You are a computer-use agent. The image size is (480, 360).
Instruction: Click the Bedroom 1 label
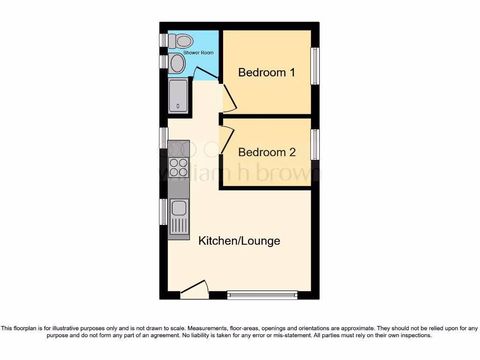(x=267, y=73)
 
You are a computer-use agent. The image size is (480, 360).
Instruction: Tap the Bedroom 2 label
(x=267, y=152)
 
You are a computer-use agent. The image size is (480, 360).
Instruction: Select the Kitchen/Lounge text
(x=239, y=241)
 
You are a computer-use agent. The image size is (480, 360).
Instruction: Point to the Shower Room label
(x=198, y=52)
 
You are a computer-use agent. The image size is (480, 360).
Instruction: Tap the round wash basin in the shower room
(x=177, y=63)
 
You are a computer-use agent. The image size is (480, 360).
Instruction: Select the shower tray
(x=178, y=96)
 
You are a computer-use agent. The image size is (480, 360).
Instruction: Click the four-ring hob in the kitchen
(x=179, y=167)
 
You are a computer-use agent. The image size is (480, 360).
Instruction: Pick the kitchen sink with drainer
(x=179, y=216)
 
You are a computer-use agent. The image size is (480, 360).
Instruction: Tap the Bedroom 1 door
(x=229, y=99)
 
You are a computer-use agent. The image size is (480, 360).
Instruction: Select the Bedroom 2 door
(x=227, y=140)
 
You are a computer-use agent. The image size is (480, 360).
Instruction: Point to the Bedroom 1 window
(x=315, y=66)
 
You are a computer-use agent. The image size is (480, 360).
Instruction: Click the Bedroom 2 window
(x=315, y=144)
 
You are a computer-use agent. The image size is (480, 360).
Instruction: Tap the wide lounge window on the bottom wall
(x=262, y=295)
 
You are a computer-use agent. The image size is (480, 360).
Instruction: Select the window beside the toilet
(x=163, y=40)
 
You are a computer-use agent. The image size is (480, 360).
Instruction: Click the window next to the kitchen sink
(x=163, y=211)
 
